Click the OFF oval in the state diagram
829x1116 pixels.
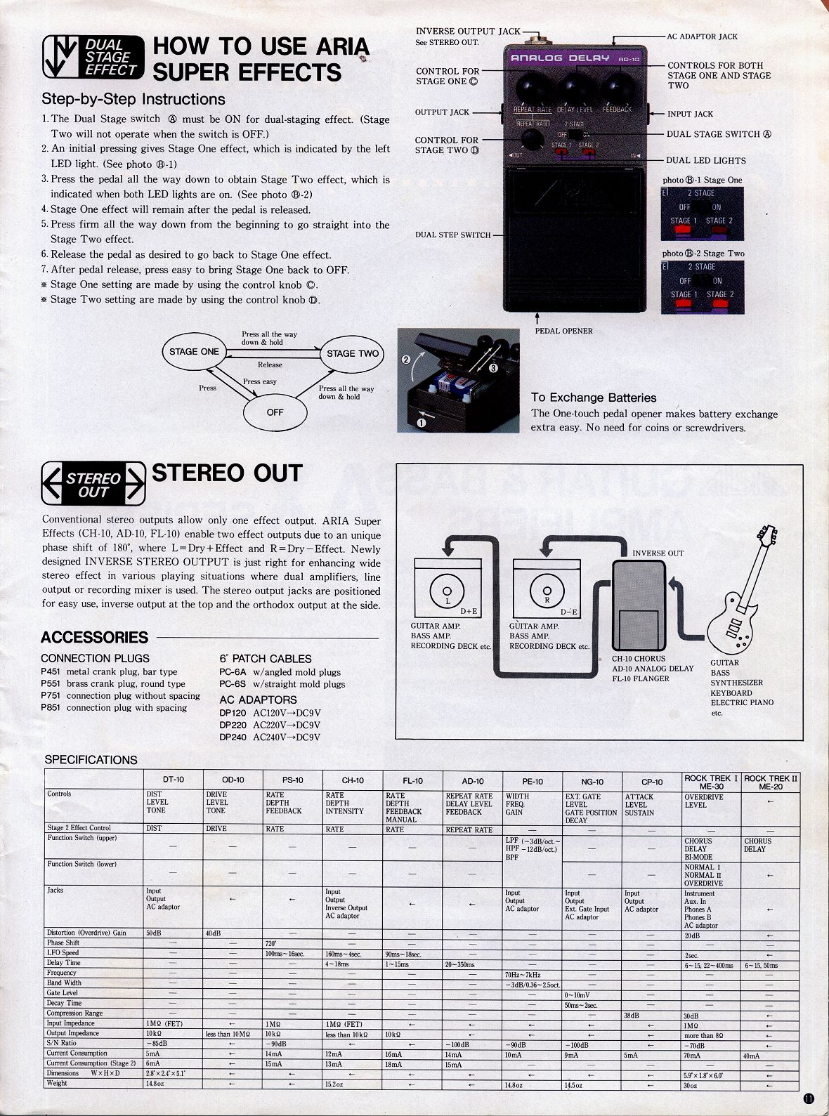275,412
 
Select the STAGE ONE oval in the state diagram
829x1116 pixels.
195,352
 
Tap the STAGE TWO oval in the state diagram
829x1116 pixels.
353,353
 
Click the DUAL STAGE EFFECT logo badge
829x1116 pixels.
93,57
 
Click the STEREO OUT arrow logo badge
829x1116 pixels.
93,484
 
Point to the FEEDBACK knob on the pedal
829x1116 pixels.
616,88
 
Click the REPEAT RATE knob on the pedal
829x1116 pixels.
532,88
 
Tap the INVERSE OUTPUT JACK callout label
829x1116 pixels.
468,31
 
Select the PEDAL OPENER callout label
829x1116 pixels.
563,331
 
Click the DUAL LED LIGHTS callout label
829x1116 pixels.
705,160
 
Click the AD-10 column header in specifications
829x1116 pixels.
472,780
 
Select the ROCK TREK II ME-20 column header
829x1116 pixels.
771,782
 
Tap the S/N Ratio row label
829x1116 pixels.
62,1043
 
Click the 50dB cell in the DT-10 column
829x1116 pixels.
153,933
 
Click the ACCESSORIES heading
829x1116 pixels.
95,637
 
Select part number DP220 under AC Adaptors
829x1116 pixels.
233,725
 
